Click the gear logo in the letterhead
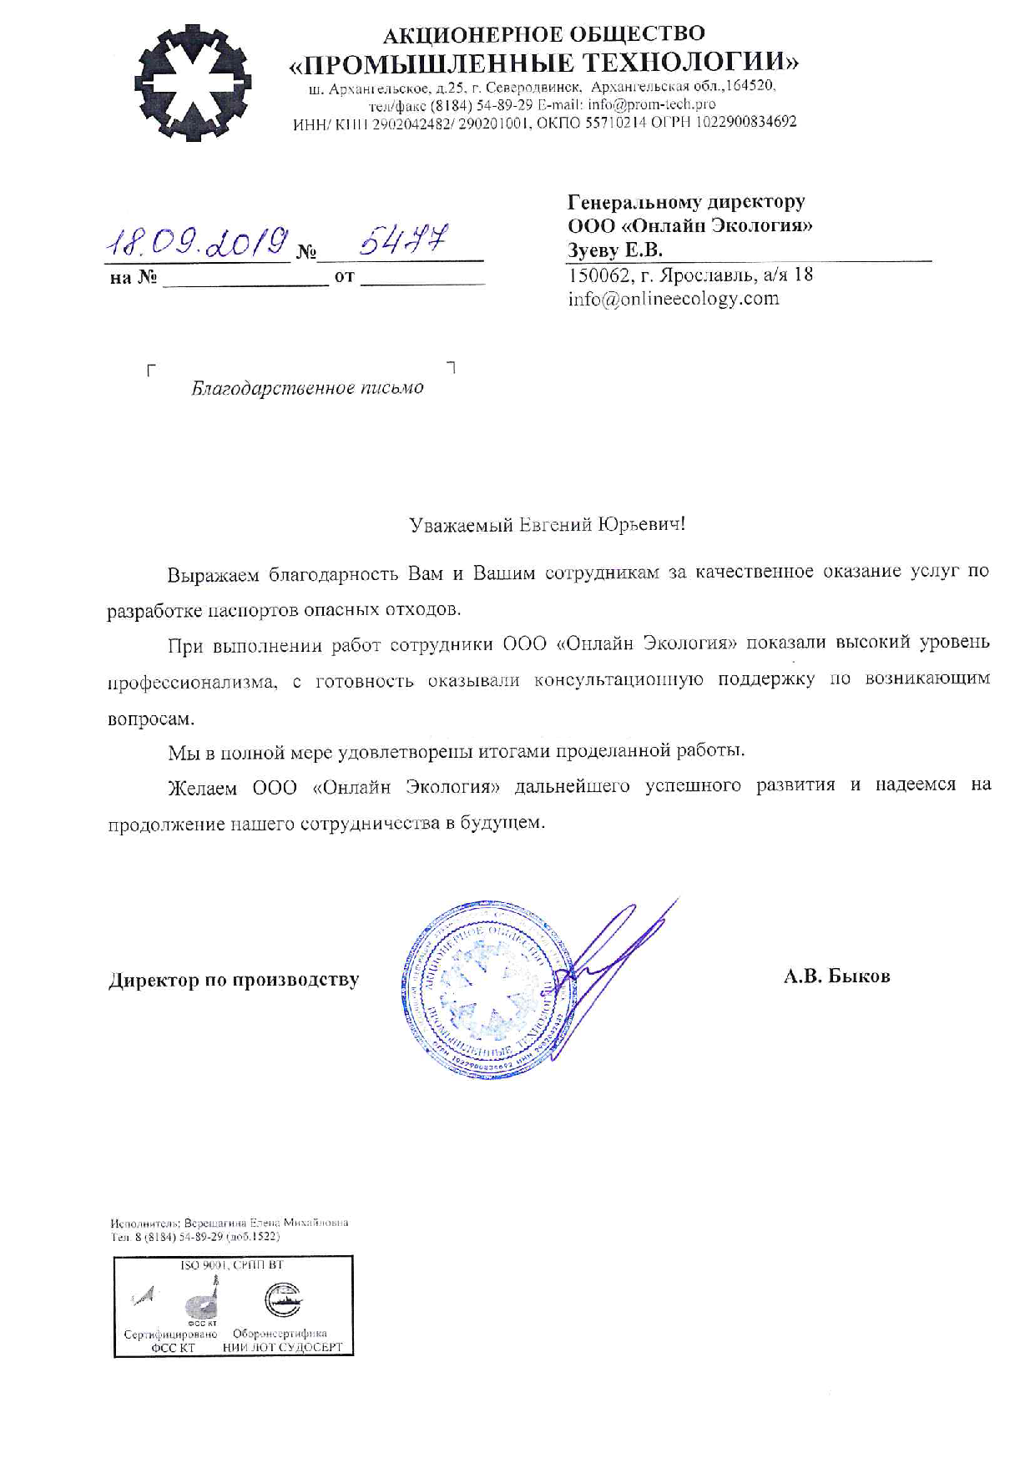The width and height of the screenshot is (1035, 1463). pyautogui.click(x=194, y=83)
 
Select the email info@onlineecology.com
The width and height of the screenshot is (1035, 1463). pyautogui.click(x=674, y=299)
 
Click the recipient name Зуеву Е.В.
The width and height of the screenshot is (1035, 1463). pyautogui.click(x=615, y=250)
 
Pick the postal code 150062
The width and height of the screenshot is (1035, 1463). pyautogui.click(x=598, y=275)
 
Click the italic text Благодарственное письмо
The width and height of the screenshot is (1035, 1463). pyautogui.click(x=307, y=388)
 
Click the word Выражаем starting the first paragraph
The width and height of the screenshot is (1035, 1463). pyautogui.click(x=214, y=574)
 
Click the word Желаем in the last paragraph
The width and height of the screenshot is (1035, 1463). pyautogui.click(x=202, y=787)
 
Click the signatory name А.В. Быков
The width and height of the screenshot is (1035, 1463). pyautogui.click(x=836, y=976)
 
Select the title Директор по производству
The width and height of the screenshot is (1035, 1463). pyautogui.click(x=234, y=980)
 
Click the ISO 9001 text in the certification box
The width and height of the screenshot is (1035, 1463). pyautogui.click(x=202, y=1265)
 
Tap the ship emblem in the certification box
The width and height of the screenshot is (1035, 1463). pyautogui.click(x=283, y=1299)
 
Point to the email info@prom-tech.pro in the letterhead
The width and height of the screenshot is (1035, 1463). pyautogui.click(x=651, y=104)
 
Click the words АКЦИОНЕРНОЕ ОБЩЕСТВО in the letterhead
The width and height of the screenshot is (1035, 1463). pyautogui.click(x=543, y=34)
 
